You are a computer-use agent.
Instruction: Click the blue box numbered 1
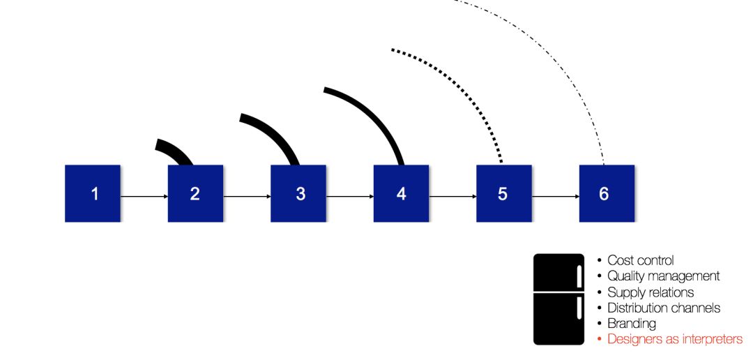(x=93, y=193)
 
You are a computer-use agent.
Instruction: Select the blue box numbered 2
(x=195, y=193)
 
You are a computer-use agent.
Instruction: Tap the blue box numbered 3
(x=298, y=193)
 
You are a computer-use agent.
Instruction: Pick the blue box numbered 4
(x=401, y=193)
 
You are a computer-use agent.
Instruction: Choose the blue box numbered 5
(x=503, y=193)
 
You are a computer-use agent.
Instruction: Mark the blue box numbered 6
(x=607, y=193)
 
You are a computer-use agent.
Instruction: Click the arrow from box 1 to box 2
(x=144, y=196)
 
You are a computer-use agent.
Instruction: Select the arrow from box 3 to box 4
(x=349, y=196)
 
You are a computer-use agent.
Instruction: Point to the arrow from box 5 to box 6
(x=555, y=196)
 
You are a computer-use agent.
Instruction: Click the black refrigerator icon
(x=558, y=299)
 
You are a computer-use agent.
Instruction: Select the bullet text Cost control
(x=640, y=260)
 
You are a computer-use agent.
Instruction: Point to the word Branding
(x=632, y=323)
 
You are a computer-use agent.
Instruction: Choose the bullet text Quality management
(x=663, y=276)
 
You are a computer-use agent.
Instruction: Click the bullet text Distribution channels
(x=664, y=308)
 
